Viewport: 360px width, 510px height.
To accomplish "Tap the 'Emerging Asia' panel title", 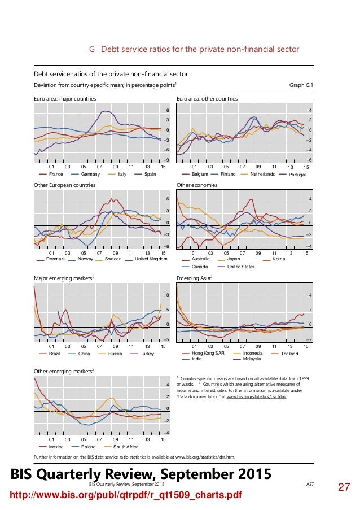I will click(194, 278).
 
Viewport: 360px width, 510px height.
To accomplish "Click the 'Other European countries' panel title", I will click(57, 185).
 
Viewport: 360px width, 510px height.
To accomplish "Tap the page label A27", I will click(310, 485).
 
